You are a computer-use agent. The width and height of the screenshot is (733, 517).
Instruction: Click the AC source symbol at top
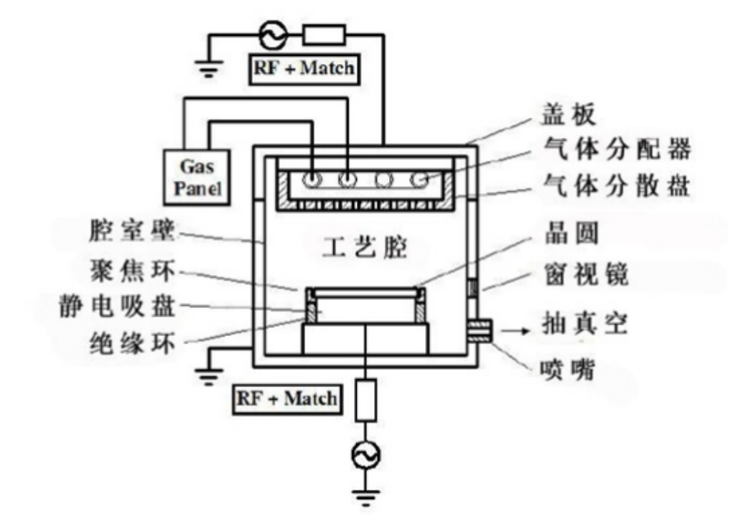[276, 33]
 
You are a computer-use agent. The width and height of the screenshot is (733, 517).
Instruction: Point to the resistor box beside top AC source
[324, 33]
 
